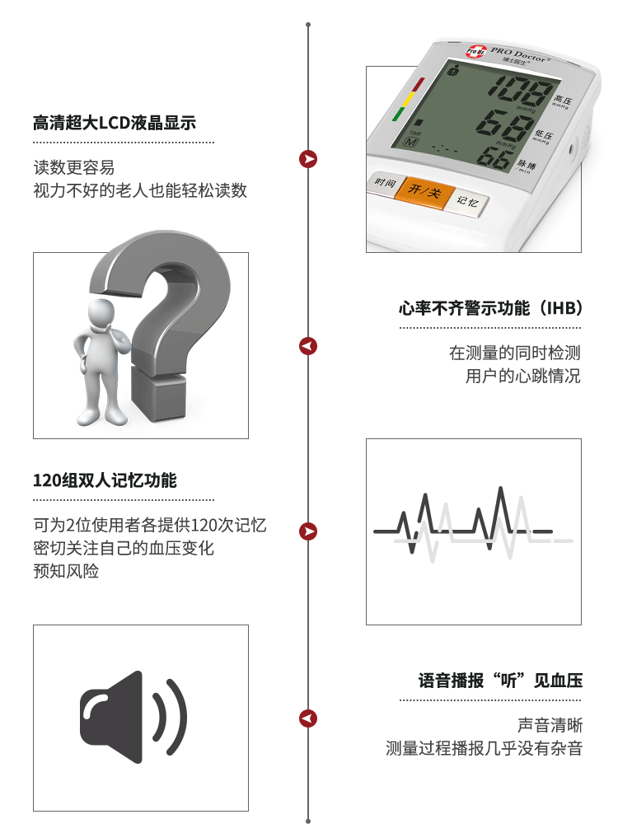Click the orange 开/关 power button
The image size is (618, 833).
pos(424,191)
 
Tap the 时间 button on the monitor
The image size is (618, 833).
pos(386,184)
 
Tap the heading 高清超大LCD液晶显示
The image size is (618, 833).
pos(115,123)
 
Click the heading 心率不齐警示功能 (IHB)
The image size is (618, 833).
pos(491,308)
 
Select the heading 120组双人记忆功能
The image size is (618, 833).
pos(105,480)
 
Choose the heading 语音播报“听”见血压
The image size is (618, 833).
pos(500,681)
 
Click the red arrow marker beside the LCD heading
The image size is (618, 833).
pos(308,159)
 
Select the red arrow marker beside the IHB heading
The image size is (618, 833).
pos(308,346)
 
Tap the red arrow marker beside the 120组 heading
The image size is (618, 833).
pos(308,531)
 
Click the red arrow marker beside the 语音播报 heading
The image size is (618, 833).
pos(308,718)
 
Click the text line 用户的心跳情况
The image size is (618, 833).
pos(523,376)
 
